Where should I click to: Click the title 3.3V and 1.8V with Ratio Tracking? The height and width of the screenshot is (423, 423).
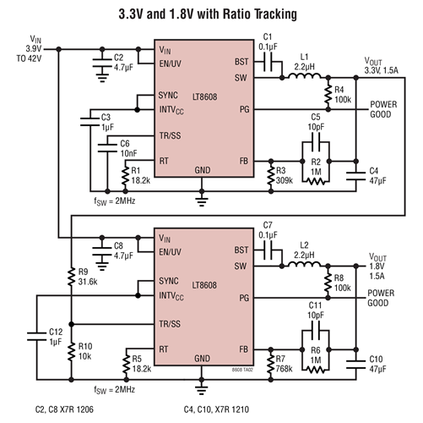coord(210,14)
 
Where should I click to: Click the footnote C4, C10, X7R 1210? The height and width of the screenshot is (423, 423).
coord(225,411)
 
